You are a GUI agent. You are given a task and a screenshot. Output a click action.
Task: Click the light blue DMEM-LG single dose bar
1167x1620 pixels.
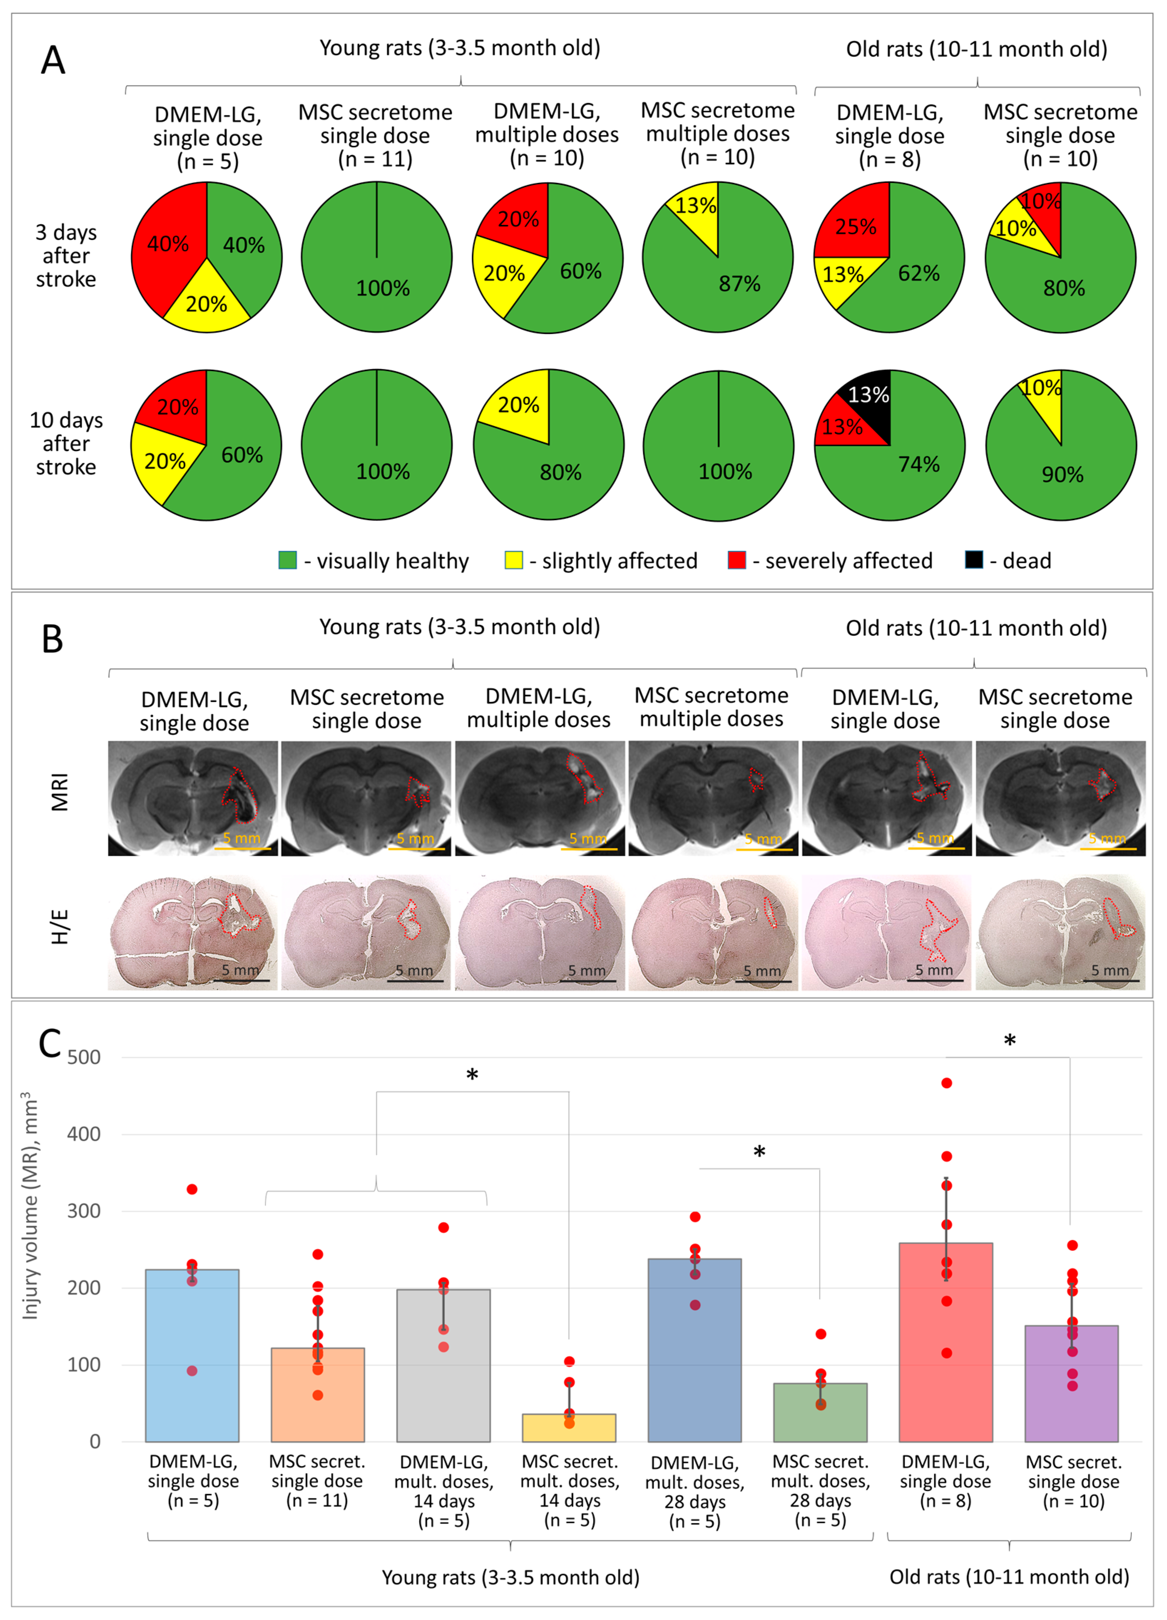[x=192, y=1357]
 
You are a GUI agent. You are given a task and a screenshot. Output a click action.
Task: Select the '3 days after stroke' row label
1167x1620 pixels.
[x=66, y=256]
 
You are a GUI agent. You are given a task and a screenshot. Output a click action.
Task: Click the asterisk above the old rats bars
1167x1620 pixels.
[x=1009, y=1041]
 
